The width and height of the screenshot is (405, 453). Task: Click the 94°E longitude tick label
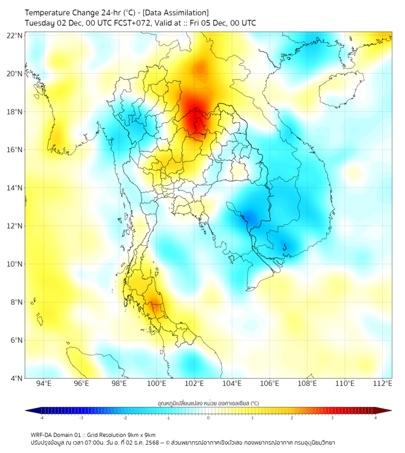pyautogui.click(x=44, y=383)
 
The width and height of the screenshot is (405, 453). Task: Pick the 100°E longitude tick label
pyautogui.click(x=157, y=383)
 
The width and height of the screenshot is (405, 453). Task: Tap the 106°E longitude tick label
pyautogui.click(x=270, y=383)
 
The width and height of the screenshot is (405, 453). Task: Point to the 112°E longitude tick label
pyautogui.click(x=383, y=383)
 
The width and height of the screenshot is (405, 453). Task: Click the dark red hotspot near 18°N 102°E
pyautogui.click(x=193, y=117)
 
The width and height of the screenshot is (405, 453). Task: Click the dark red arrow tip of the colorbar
pyautogui.click(x=388, y=410)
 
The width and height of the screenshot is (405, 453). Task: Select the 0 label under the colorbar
pyautogui.click(x=208, y=418)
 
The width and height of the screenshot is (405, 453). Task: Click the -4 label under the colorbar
pyautogui.click(x=41, y=418)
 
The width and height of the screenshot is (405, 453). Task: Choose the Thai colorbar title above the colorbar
pyautogui.click(x=208, y=403)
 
